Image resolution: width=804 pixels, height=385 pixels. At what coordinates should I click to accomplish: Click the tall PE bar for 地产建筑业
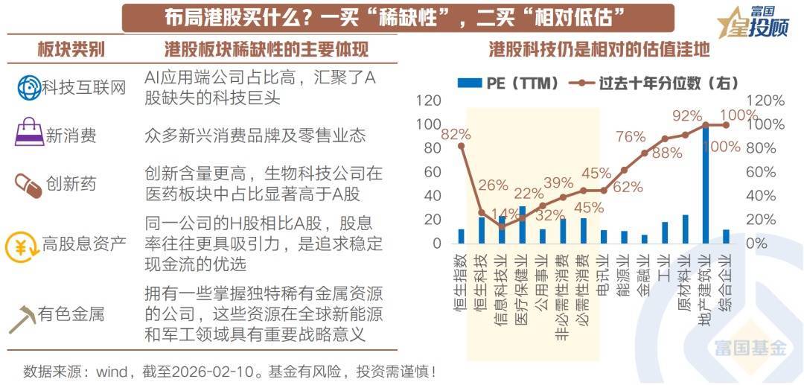point(706,186)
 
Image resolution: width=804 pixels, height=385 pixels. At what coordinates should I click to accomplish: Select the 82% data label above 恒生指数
point(455,134)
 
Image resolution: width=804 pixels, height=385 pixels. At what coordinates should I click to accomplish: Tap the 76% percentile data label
point(631,137)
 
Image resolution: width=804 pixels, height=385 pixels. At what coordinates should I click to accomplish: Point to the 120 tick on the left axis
point(429,101)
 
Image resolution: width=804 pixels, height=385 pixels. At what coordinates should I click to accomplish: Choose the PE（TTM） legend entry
point(508,83)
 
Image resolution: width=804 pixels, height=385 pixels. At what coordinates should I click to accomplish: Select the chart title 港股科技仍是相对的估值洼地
point(599,50)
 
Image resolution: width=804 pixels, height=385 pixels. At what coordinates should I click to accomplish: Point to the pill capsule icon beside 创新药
point(28,185)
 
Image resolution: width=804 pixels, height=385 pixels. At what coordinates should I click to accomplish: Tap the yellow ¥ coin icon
point(20,244)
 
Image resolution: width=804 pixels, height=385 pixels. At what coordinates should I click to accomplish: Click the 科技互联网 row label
point(84,88)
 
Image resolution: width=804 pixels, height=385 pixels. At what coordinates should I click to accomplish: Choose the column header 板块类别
point(71,50)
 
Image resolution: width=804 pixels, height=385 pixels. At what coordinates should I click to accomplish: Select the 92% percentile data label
point(687,115)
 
